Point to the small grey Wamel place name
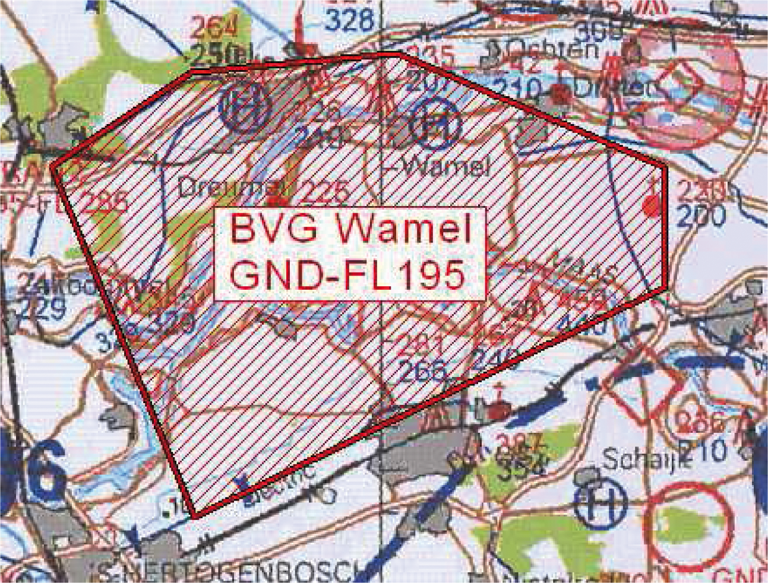pyautogui.click(x=445, y=167)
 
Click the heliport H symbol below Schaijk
pyautogui.click(x=601, y=504)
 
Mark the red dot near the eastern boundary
pyautogui.click(x=652, y=206)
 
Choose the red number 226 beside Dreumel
pyautogui.click(x=325, y=191)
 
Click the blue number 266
pyautogui.click(x=422, y=372)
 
